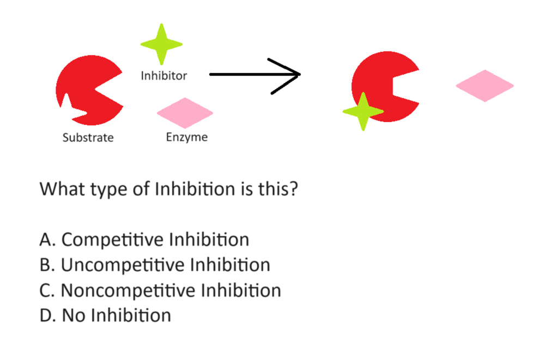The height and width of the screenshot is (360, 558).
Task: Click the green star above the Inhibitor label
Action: (161, 44)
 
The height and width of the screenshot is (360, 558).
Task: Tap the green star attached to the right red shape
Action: (362, 111)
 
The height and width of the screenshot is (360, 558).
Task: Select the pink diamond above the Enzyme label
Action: (185, 113)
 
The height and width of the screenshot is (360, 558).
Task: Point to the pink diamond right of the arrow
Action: (484, 86)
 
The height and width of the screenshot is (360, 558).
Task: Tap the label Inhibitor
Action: (163, 76)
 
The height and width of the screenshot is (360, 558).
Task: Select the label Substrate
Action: (88, 138)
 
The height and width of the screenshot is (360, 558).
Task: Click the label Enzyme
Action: (187, 137)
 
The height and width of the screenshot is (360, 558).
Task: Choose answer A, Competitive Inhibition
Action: (144, 240)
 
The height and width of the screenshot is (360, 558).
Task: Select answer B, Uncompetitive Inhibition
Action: (155, 265)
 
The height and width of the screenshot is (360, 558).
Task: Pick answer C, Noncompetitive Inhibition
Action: (160, 290)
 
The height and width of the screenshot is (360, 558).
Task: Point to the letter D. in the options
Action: (47, 315)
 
